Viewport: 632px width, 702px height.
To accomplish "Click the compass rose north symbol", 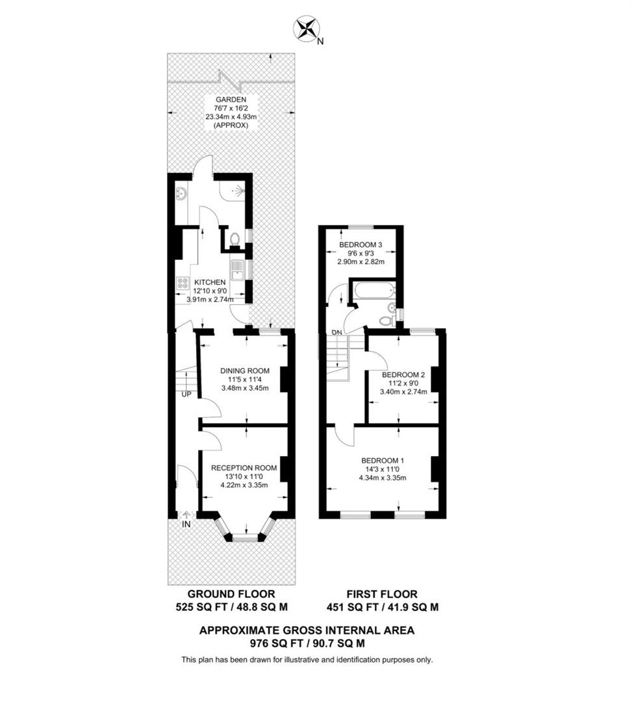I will [307, 29].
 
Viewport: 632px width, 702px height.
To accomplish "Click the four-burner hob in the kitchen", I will [182, 284].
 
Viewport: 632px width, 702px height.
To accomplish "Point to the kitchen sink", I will [236, 268].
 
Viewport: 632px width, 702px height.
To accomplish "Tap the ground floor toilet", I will [234, 239].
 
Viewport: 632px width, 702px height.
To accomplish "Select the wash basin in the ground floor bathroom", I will [181, 194].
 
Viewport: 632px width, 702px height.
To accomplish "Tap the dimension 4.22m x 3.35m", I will [244, 484].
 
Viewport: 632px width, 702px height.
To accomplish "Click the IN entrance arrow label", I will [186, 523].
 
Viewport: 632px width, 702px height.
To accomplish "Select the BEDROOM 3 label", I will [361, 245].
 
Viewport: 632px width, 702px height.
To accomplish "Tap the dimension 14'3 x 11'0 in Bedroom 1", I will [383, 470].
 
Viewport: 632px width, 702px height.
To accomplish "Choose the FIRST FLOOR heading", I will [382, 593].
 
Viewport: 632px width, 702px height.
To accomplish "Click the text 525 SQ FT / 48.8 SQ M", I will [231, 607].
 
